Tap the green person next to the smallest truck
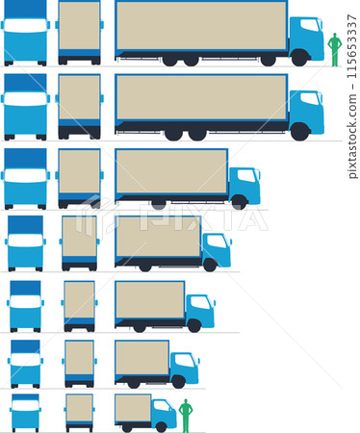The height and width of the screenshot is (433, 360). pyautogui.click(x=186, y=415)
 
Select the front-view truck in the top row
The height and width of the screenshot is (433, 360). pyautogui.click(x=25, y=33)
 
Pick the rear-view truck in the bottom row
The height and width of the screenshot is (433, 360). pyautogui.click(x=79, y=411)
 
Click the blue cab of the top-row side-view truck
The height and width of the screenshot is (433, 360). pyautogui.click(x=306, y=38)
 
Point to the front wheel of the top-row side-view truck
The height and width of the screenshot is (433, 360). pyautogui.click(x=299, y=59)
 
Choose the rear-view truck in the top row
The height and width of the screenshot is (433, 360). pyautogui.click(x=79, y=33)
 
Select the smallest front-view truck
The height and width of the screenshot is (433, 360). pyautogui.click(x=25, y=411)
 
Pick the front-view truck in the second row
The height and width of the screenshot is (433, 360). pyautogui.click(x=25, y=106)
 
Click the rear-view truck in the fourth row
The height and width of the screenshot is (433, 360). pyautogui.click(x=79, y=242)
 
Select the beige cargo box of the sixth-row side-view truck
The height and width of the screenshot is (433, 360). pyautogui.click(x=141, y=358)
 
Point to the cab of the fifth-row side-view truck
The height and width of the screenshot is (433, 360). pyautogui.click(x=199, y=311)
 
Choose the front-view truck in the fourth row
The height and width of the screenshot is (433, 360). pyautogui.click(x=25, y=242)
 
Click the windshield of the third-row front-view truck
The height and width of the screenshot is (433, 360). pyautogui.click(x=25, y=176)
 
